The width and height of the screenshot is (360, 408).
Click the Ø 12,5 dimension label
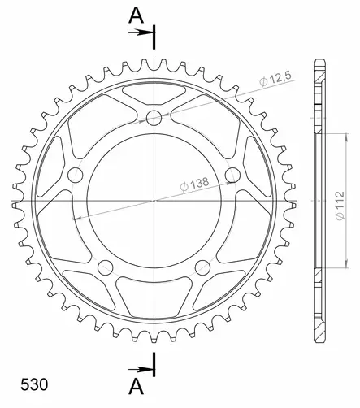(x=275, y=78)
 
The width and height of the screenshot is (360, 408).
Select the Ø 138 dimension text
(x=194, y=184)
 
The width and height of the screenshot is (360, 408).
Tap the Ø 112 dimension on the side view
(x=340, y=206)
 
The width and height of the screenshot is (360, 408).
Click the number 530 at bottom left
(x=34, y=384)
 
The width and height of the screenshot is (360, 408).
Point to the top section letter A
(x=136, y=15)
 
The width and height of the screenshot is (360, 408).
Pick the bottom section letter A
(x=136, y=387)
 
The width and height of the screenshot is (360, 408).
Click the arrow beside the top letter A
(x=141, y=33)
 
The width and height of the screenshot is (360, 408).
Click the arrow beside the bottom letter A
(x=141, y=369)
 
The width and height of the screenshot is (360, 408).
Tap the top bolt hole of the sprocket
(x=154, y=118)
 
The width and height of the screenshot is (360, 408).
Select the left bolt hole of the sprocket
(x=75, y=175)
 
